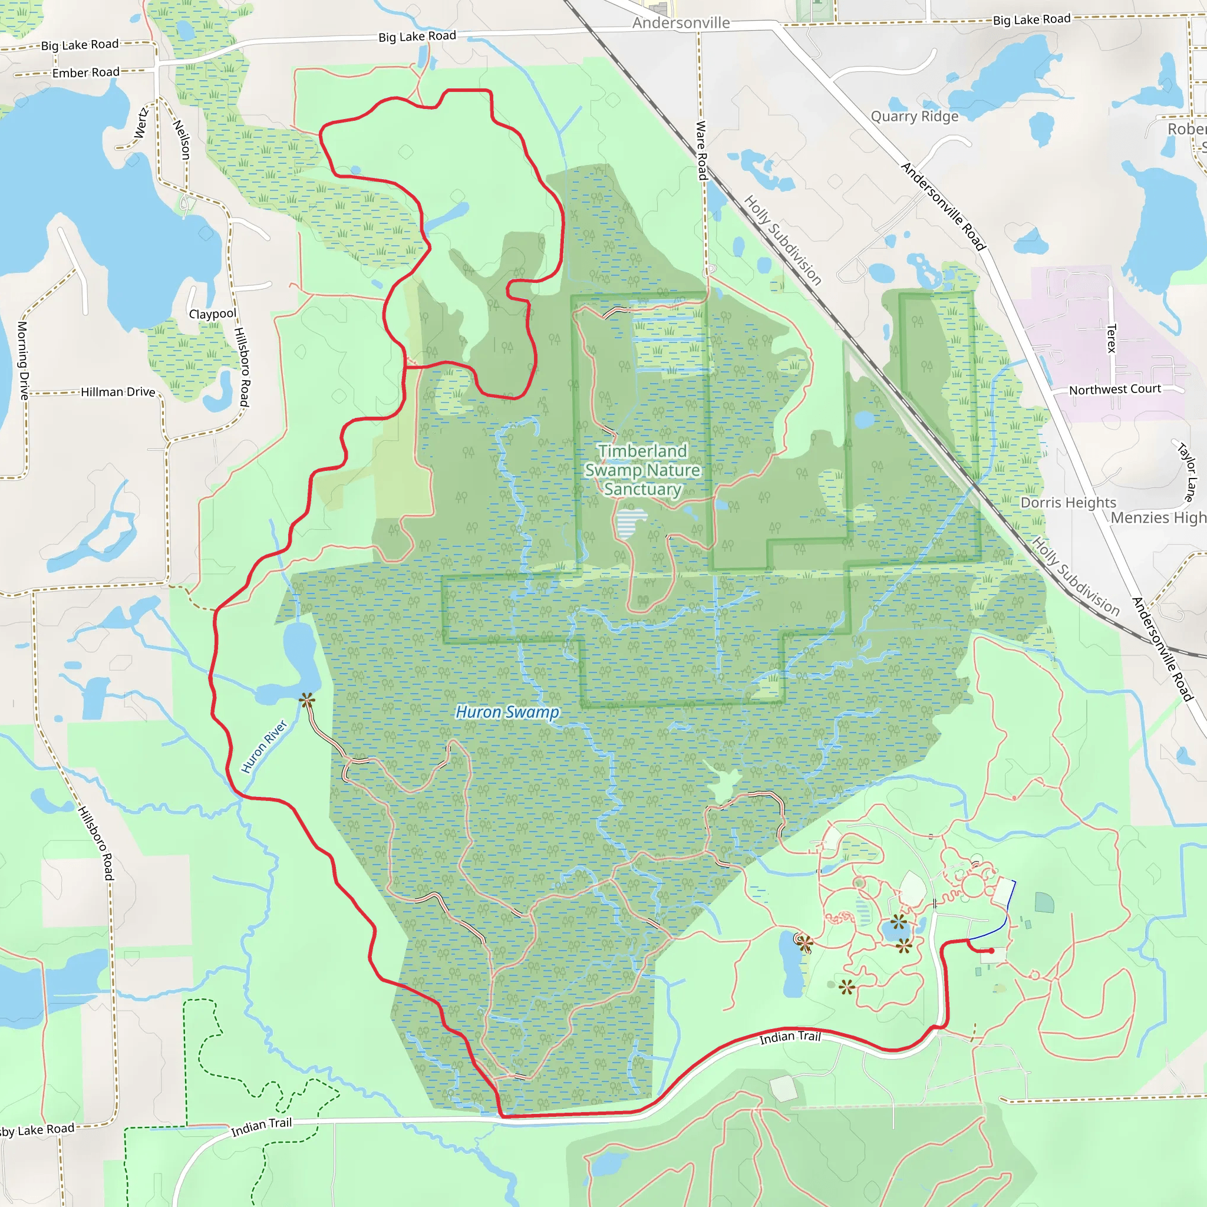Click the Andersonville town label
(x=680, y=23)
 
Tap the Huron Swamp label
(x=507, y=712)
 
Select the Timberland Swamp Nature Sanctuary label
(x=642, y=470)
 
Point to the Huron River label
(x=263, y=747)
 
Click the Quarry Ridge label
(x=914, y=117)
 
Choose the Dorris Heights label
(x=1068, y=503)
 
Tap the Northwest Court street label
(x=1114, y=389)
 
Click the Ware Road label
(x=701, y=150)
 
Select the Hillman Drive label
(x=117, y=392)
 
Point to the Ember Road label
(x=85, y=72)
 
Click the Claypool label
(x=212, y=314)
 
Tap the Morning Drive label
(x=22, y=361)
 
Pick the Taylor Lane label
(x=1186, y=471)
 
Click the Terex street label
(x=1111, y=338)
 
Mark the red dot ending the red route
(x=991, y=951)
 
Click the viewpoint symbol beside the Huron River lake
(x=306, y=700)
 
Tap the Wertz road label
(x=141, y=123)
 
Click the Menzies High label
(x=1157, y=518)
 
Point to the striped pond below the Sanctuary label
(x=631, y=522)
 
